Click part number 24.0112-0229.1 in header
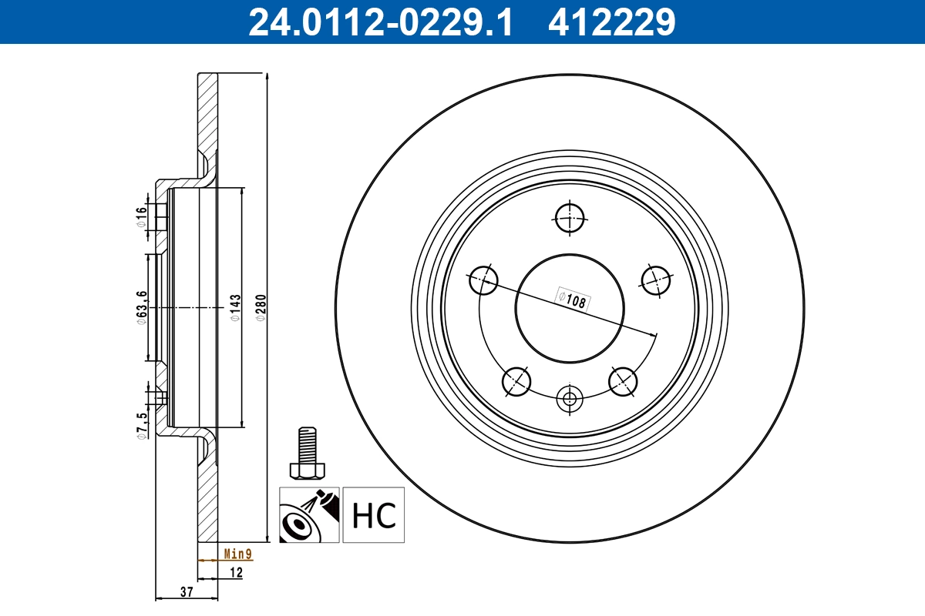(x=379, y=22)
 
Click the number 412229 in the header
(x=611, y=22)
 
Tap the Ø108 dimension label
(x=573, y=299)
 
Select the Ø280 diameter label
(x=261, y=307)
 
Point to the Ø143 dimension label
(x=236, y=307)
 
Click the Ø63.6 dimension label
(x=141, y=307)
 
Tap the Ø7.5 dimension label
(x=141, y=425)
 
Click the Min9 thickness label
(x=237, y=554)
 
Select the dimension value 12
(x=236, y=572)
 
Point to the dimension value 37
(x=186, y=591)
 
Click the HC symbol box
(x=373, y=514)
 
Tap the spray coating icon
(x=308, y=514)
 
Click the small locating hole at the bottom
(x=570, y=399)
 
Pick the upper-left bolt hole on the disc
(x=484, y=280)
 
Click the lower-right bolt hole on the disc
(x=623, y=380)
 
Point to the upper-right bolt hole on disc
(x=656, y=279)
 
